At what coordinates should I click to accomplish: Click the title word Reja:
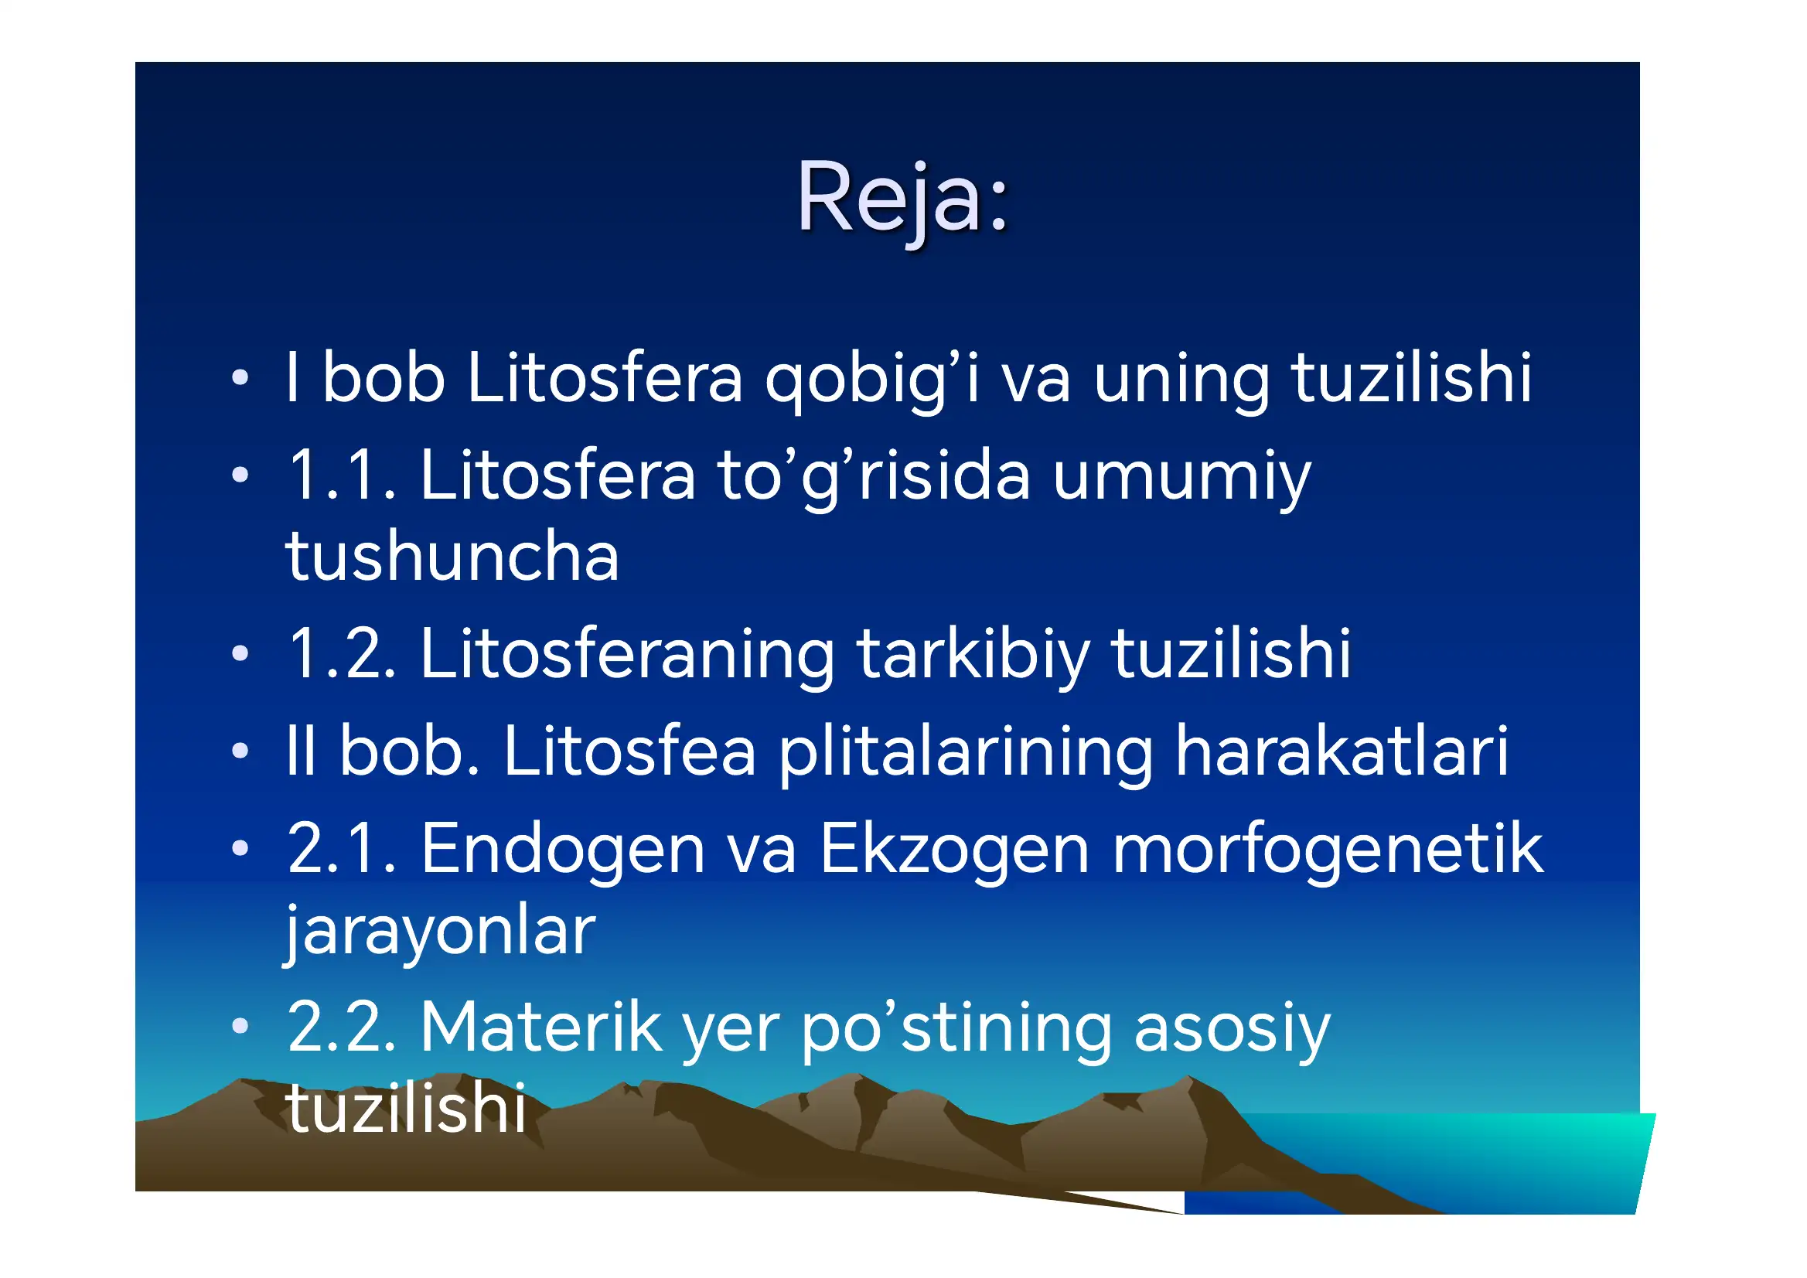coord(902,198)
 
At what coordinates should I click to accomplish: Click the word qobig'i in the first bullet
coord(872,380)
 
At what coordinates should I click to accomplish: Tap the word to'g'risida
coord(874,477)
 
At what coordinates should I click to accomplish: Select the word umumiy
coord(1181,477)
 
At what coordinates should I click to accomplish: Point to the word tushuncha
coord(452,557)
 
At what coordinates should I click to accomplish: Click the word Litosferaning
coord(627,655)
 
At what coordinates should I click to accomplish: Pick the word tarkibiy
coord(973,655)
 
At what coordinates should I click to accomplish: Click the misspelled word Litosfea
coord(629,751)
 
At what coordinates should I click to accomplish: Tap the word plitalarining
coord(967,751)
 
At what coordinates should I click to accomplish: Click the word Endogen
coord(563,850)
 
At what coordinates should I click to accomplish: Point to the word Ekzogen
coord(954,850)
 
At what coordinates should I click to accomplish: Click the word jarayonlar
coord(440,932)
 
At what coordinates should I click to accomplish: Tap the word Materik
coord(541,1028)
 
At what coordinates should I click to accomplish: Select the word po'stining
coord(956,1028)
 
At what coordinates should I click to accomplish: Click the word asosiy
coord(1232,1028)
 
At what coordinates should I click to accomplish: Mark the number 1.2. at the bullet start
coord(342,655)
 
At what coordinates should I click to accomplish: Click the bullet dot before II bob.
coord(240,751)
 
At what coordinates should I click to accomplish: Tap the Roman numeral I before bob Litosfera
coord(293,380)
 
